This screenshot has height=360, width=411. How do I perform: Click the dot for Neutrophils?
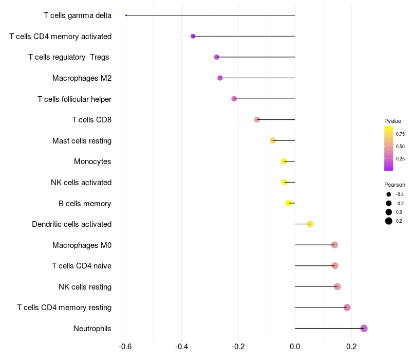pyautogui.click(x=364, y=328)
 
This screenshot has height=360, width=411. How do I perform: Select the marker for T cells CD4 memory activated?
pyautogui.click(x=193, y=36)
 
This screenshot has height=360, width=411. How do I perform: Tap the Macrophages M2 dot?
pyautogui.click(x=220, y=78)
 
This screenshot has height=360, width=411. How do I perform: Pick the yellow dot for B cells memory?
pyautogui.click(x=289, y=203)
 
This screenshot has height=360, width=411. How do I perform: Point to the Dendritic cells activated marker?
pyautogui.click(x=310, y=224)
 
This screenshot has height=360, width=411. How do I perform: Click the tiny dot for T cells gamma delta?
pyautogui.click(x=126, y=15)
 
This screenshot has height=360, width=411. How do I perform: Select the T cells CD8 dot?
pyautogui.click(x=257, y=120)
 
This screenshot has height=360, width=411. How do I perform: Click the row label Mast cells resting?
pyautogui.click(x=82, y=141)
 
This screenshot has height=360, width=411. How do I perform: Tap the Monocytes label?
pyautogui.click(x=92, y=161)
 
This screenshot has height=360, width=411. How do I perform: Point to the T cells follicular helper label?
pyautogui.click(x=74, y=99)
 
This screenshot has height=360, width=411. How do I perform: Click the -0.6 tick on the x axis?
pyautogui.click(x=125, y=347)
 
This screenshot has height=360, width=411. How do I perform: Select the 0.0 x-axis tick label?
pyautogui.click(x=295, y=347)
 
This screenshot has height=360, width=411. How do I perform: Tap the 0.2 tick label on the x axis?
pyautogui.click(x=351, y=347)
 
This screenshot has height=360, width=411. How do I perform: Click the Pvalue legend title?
pyautogui.click(x=393, y=121)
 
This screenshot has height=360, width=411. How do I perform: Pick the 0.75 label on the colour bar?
pyautogui.click(x=400, y=134)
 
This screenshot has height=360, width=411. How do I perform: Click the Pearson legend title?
pyautogui.click(x=395, y=185)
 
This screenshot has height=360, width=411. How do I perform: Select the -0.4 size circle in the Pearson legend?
pyautogui.click(x=389, y=194)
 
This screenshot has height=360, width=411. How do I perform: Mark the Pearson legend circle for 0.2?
pyautogui.click(x=389, y=221)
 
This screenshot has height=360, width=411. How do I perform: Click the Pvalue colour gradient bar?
pyautogui.click(x=389, y=148)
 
